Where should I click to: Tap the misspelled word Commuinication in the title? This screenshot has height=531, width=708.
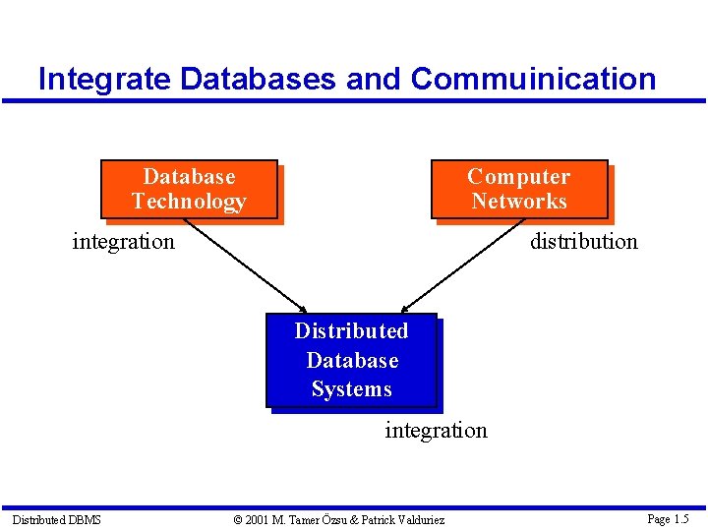tap(533, 79)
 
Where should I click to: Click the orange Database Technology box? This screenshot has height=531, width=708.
tap(189, 189)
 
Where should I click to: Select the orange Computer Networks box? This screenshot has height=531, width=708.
tap(518, 189)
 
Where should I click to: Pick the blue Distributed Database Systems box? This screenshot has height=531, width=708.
tap(351, 360)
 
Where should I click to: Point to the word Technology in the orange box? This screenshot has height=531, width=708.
tap(189, 202)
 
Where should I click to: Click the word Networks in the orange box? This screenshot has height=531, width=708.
tap(518, 202)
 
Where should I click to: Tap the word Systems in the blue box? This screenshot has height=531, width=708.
tap(351, 389)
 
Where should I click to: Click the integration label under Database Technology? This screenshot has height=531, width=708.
tap(123, 241)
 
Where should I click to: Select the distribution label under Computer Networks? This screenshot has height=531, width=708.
tap(583, 241)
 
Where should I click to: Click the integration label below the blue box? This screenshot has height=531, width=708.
tap(436, 431)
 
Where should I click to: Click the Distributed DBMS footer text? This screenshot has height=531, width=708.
tap(56, 519)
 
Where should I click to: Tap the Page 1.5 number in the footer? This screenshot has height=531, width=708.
tap(668, 519)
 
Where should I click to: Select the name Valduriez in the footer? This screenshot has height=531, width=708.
tap(419, 519)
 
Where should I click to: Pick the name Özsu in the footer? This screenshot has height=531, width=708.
tap(329, 519)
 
